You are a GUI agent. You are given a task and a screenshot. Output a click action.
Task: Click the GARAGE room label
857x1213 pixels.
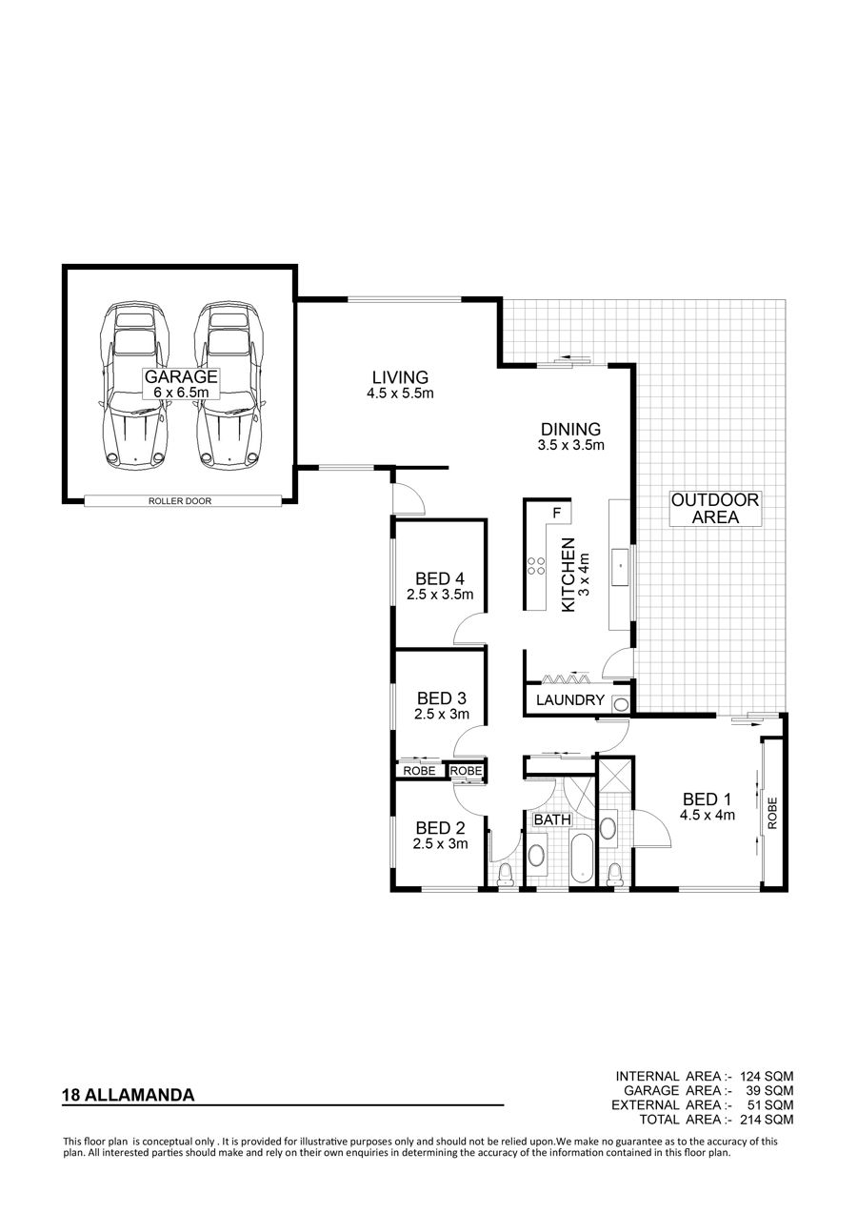click(181, 376)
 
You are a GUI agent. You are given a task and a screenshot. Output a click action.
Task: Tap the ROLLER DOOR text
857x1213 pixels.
click(180, 501)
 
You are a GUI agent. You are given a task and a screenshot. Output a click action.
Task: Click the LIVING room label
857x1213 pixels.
click(400, 377)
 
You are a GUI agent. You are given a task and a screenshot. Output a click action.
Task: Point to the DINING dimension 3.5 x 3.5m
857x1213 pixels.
click(570, 446)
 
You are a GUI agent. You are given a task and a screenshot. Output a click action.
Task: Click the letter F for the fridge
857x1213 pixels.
click(556, 513)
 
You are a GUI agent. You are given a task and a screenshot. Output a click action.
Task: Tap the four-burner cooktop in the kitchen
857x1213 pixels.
click(536, 566)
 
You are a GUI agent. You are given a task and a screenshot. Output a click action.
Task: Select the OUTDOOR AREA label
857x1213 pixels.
click(715, 508)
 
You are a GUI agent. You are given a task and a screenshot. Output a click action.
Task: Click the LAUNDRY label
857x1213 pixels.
click(569, 700)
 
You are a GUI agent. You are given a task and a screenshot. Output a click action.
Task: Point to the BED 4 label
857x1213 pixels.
click(440, 579)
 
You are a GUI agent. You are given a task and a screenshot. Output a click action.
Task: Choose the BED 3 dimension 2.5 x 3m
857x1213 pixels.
click(442, 715)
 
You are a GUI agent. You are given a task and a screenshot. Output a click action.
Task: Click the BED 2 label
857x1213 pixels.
click(440, 828)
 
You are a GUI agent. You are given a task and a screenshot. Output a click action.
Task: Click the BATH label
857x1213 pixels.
click(552, 819)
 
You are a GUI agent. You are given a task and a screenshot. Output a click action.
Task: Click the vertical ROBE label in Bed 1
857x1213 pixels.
click(772, 813)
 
